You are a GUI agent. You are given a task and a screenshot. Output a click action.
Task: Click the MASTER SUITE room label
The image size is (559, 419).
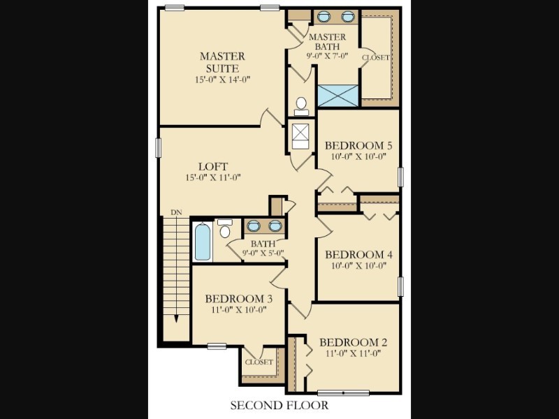tap(222, 62)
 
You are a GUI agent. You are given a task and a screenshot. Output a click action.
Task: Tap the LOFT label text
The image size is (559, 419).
tap(213, 166)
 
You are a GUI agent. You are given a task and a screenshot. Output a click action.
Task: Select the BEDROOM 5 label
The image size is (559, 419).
tap(358, 145)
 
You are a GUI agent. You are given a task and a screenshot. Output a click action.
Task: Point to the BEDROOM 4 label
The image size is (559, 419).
tap(358, 254)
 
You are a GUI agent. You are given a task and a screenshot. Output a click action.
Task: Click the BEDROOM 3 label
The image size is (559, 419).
tap(239, 299)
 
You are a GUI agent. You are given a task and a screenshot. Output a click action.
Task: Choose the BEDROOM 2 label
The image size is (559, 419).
tap(353, 342)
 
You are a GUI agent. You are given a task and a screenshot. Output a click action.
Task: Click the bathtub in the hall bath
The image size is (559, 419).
tap(203, 242)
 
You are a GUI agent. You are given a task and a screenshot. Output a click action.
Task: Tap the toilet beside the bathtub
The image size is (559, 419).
tap(224, 229)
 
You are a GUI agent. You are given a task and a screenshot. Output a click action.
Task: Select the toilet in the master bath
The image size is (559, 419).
tap(301, 107)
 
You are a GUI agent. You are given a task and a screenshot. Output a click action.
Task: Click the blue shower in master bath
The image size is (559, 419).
tap(337, 96)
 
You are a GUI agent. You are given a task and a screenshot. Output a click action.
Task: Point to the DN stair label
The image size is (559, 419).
tap(176, 212)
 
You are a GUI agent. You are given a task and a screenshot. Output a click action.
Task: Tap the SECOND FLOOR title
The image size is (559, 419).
tap(279, 405)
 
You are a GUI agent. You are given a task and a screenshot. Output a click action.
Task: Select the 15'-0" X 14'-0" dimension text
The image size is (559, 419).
tap(222, 80)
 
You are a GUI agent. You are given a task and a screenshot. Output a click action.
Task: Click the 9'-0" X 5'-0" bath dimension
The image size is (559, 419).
tap(263, 253)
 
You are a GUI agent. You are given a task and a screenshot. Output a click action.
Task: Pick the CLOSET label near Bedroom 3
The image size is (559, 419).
tap(259, 362)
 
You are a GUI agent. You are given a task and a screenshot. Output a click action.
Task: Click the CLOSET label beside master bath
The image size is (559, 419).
tap(376, 57)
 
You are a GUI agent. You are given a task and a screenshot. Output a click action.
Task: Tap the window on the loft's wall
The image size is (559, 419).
tap(159, 148)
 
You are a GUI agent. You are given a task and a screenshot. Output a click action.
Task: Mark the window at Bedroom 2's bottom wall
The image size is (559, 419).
tap(343, 392)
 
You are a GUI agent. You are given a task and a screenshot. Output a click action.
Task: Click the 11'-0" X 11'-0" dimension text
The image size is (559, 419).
tap(354, 353)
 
